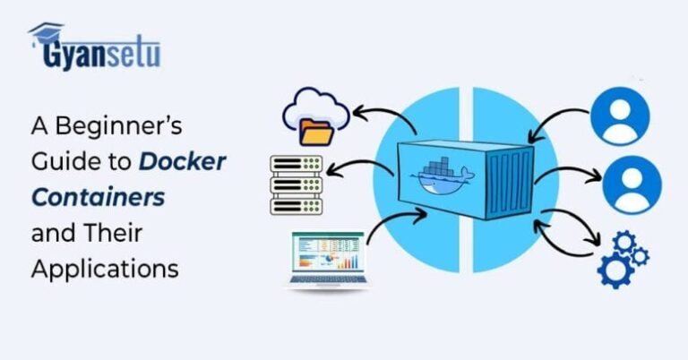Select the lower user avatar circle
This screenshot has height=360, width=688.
[x=631, y=184]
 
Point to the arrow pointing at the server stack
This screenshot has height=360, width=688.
[x=362, y=167]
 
